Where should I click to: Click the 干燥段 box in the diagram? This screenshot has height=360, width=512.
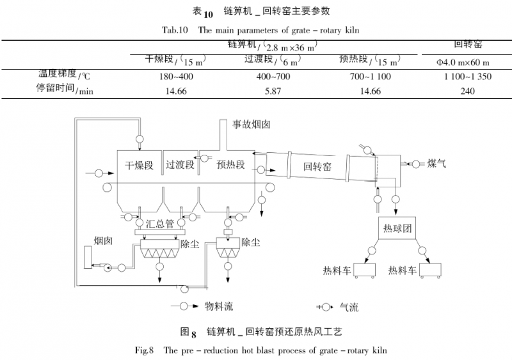coord(140,165)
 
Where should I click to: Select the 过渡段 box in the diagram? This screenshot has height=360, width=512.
coord(180,164)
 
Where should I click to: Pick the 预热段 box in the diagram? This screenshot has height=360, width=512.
coord(230,164)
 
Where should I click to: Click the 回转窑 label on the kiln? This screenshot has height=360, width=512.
coord(317,167)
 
